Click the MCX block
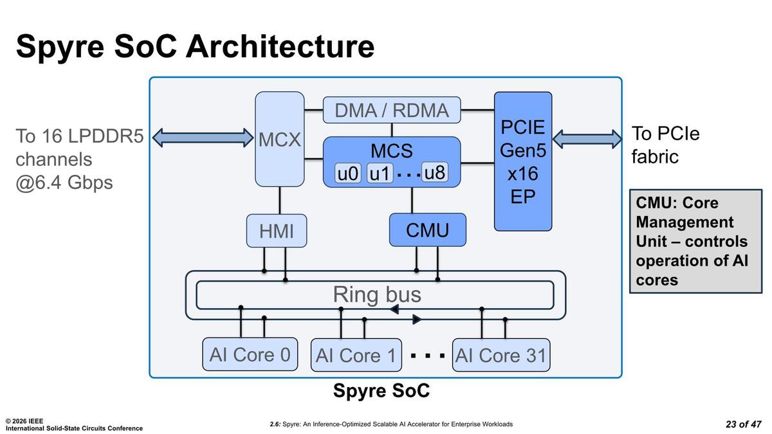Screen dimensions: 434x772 (280, 139)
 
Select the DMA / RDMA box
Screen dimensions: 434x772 (391, 110)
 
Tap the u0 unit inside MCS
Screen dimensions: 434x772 (349, 174)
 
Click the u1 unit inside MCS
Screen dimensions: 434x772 (380, 174)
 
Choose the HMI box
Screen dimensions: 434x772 (277, 231)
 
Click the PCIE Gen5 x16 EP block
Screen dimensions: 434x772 (522, 161)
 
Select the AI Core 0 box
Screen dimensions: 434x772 (250, 354)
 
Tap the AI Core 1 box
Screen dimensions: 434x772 (356, 355)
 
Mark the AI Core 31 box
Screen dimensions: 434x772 (501, 355)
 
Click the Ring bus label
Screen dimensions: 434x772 (376, 294)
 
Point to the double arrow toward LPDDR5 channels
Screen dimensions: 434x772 (203, 137)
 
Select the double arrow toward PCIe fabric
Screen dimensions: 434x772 (587, 138)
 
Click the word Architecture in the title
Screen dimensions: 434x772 (280, 47)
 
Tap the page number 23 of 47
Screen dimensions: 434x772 (743, 424)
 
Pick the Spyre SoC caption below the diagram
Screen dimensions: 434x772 (381, 390)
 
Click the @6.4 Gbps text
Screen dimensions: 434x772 (64, 183)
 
